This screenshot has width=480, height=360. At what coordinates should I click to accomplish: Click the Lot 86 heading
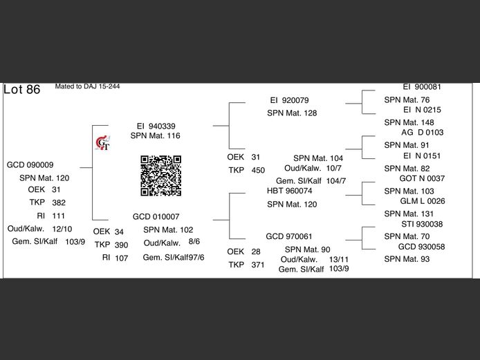(x=22, y=90)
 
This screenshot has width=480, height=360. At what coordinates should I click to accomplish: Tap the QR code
(x=161, y=176)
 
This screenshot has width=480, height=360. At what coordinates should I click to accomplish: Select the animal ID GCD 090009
(x=30, y=164)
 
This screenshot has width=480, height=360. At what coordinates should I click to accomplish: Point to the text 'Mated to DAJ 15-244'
(x=87, y=87)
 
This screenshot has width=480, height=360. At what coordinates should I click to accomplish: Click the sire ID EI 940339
(x=156, y=126)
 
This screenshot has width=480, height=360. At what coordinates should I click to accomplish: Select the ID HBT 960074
(x=289, y=191)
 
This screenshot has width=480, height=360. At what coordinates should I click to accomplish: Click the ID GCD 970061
(x=289, y=236)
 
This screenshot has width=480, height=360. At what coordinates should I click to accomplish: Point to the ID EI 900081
(x=422, y=87)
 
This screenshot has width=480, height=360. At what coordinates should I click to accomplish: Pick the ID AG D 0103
(x=422, y=132)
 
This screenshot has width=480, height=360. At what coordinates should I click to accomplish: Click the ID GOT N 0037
(x=422, y=178)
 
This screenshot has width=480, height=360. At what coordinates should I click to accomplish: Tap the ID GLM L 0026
(x=422, y=201)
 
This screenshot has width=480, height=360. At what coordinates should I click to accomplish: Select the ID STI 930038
(x=422, y=224)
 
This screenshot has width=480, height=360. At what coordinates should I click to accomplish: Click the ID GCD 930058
(x=422, y=247)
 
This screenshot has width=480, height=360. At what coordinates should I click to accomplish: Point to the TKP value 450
(x=258, y=170)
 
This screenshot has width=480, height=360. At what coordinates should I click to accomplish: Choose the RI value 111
(x=59, y=216)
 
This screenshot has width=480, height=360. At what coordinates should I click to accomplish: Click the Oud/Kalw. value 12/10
(x=62, y=229)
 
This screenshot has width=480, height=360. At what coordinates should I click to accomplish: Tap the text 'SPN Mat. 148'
(x=409, y=122)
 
